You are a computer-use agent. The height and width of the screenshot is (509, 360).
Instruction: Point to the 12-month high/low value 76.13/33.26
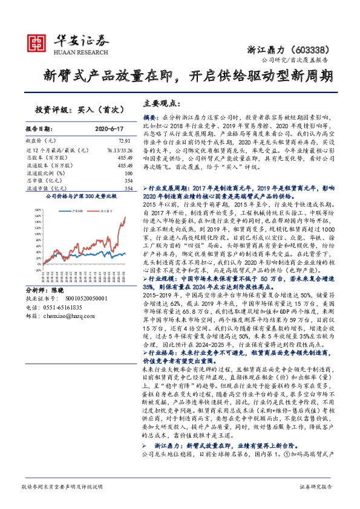point(118,149)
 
